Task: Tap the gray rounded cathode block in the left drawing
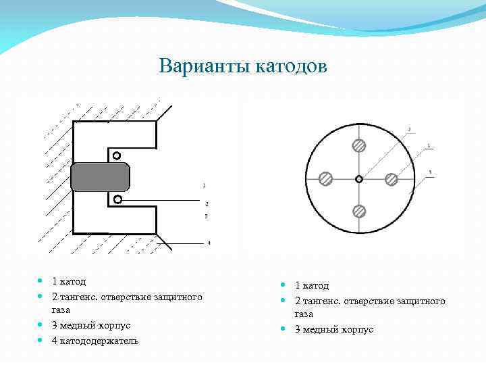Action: point(100,177)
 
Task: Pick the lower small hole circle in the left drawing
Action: point(117,199)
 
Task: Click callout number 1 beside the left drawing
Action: point(205,185)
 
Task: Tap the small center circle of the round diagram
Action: point(359,178)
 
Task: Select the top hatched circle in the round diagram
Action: point(359,145)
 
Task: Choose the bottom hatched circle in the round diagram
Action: point(359,212)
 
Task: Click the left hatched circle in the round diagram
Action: point(326,178)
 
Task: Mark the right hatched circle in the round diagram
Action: point(391,178)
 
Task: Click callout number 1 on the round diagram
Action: point(430,146)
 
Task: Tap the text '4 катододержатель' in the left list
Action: point(95,340)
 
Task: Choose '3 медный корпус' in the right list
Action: point(334,329)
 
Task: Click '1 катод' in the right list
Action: point(312,286)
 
